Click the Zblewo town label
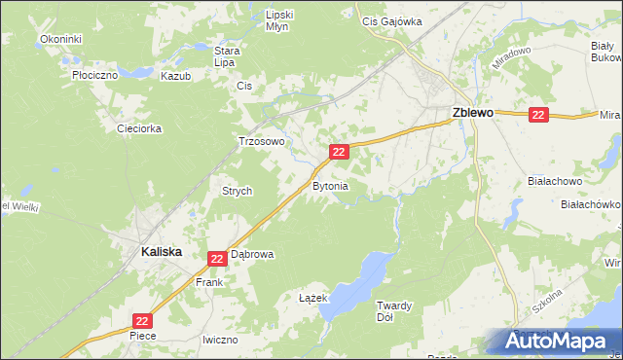473,113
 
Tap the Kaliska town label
148,250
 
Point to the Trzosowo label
262,141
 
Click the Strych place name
238,191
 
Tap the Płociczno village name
94,74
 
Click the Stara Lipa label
227,55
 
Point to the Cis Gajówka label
391,19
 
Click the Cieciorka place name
137,127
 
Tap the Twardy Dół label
395,311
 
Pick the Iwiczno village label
220,340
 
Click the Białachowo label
553,181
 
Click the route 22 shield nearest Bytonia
339,152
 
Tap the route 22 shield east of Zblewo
539,115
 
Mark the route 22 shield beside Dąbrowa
217,258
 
